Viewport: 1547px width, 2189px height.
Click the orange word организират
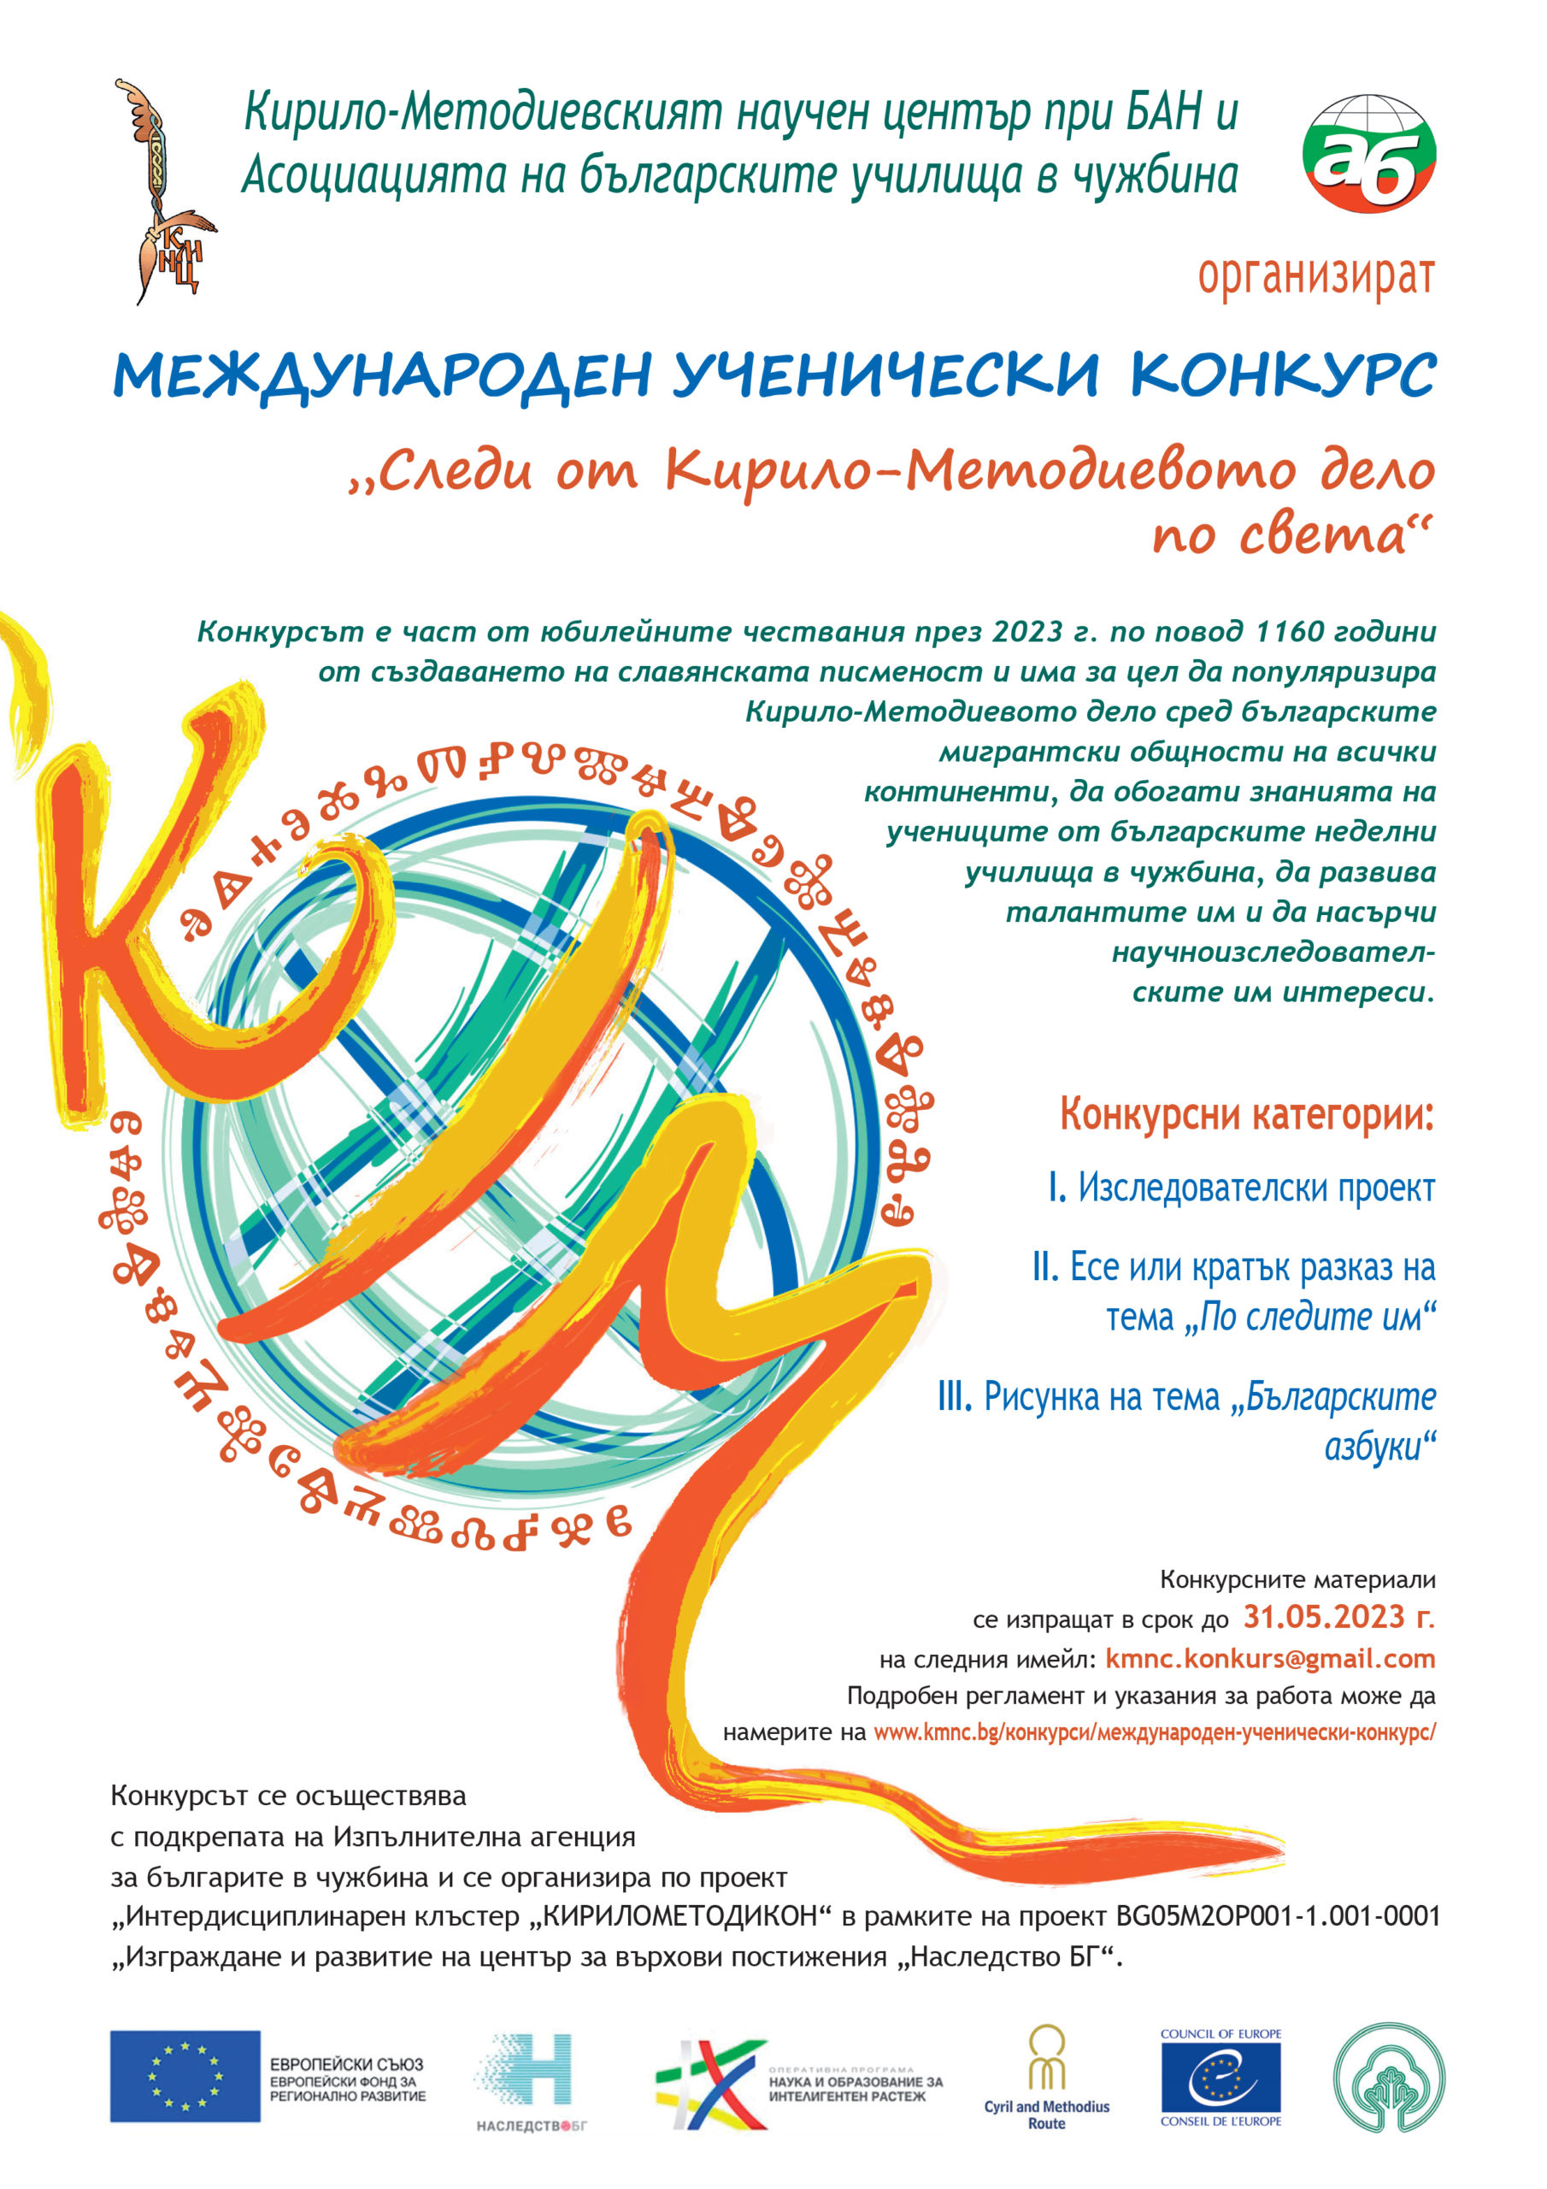[1315, 276]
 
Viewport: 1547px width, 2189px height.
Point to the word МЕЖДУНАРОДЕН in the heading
[382, 376]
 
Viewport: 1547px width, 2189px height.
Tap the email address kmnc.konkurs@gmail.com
[1269, 1658]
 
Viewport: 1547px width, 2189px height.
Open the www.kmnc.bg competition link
[1153, 1732]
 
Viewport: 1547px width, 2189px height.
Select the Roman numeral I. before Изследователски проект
[1056, 1188]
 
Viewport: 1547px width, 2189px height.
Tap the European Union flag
[185, 2075]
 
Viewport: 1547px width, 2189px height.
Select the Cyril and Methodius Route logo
[1047, 2078]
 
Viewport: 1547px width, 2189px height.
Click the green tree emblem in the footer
[1389, 2076]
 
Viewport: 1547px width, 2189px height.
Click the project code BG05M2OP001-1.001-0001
[1276, 1916]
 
